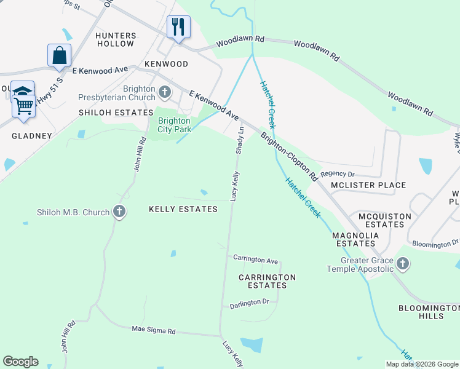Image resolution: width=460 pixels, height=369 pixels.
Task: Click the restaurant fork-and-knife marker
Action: coord(178,27)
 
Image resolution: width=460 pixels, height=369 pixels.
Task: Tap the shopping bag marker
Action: coord(60,55)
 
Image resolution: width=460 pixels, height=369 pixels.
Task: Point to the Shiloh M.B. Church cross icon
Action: coord(120,212)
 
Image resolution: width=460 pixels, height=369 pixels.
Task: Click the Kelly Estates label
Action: coord(183,209)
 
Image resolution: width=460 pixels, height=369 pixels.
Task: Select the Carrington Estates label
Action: coord(267,281)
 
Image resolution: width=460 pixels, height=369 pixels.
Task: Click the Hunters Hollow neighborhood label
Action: coord(115,39)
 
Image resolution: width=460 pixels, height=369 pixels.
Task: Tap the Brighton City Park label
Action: coord(174,125)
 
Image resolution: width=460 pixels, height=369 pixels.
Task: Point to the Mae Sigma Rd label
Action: coord(154,331)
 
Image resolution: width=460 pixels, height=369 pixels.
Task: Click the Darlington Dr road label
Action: coord(249,303)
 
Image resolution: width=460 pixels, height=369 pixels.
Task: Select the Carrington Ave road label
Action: coord(255,260)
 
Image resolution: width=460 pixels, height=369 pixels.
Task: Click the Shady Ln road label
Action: coord(240,140)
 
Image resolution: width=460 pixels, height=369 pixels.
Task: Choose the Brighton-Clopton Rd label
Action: coord(288,156)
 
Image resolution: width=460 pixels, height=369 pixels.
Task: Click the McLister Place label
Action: coord(368,185)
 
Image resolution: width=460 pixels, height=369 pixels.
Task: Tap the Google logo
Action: coord(20,362)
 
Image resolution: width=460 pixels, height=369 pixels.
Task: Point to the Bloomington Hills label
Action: coord(429,312)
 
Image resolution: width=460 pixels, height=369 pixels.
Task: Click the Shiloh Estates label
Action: coord(116,113)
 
